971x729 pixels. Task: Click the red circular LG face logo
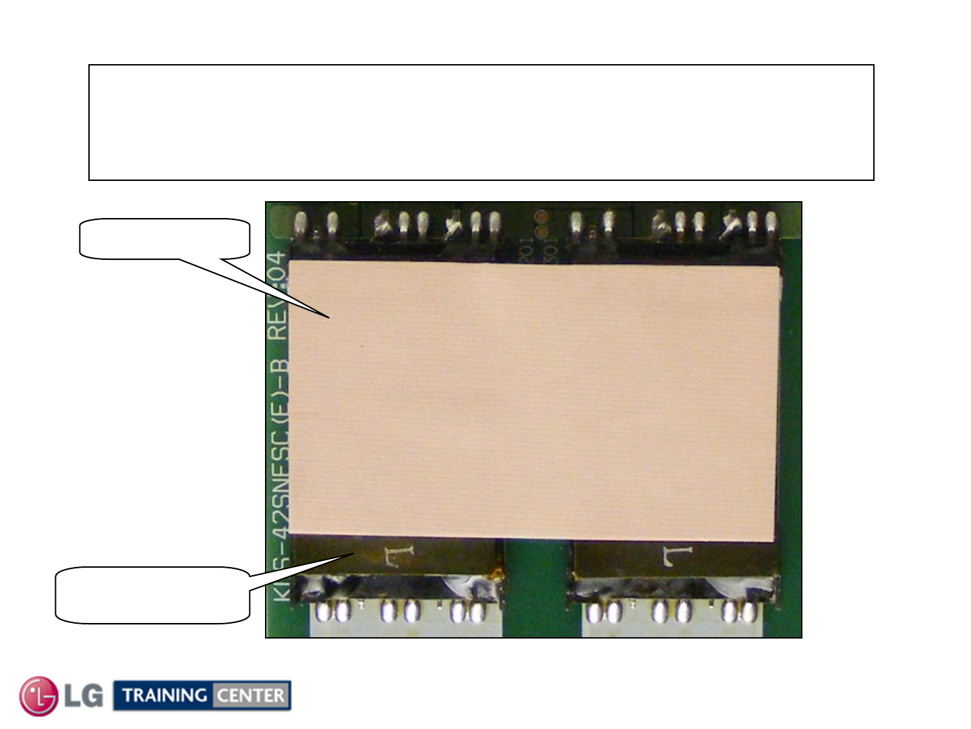pos(38,696)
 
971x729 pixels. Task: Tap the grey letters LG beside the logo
pos(84,695)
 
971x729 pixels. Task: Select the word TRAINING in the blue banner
pos(165,695)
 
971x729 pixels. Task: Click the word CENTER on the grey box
pos(251,695)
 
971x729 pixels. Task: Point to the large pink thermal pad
pos(533,402)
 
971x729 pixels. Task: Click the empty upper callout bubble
pos(165,238)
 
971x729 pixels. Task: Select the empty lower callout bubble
pos(152,595)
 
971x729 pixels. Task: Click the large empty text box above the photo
pos(481,122)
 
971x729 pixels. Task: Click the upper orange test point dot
pos(540,217)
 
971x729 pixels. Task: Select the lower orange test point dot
pos(540,232)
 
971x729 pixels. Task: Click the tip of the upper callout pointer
pos(329,317)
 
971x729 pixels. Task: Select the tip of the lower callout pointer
pos(354,553)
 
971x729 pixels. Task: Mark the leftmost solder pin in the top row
pos(301,223)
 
